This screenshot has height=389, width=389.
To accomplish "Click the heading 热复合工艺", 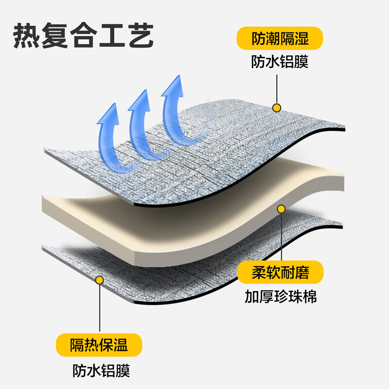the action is [83, 35].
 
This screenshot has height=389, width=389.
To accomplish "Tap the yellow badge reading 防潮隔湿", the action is [280, 38].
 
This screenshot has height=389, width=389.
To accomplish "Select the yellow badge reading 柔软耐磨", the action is [281, 272].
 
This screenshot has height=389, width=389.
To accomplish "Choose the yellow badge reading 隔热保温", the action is [99, 345].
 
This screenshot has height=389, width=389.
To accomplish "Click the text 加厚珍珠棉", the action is [281, 297].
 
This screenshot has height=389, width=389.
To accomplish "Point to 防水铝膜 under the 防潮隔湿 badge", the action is [280, 62].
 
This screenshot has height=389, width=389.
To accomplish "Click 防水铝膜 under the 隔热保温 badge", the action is [101, 371].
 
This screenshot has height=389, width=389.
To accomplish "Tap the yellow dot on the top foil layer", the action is [277, 108].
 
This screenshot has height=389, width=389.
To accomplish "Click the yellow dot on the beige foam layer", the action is [281, 209].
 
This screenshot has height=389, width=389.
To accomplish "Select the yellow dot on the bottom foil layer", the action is [100, 280].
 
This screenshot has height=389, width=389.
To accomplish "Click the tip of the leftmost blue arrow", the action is [115, 103].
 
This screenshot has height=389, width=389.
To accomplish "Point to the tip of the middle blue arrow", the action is [146, 90].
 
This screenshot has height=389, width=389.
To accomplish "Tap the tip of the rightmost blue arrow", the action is [179, 75].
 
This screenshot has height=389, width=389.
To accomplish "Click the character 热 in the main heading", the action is [26, 35].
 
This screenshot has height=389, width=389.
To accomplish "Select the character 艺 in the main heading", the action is [141, 35].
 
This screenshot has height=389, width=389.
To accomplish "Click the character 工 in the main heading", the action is [112, 35].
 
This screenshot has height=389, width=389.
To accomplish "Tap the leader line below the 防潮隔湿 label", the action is [277, 89].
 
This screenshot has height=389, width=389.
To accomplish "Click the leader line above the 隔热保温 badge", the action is [100, 308].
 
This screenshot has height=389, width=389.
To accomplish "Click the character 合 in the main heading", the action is [83, 35].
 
